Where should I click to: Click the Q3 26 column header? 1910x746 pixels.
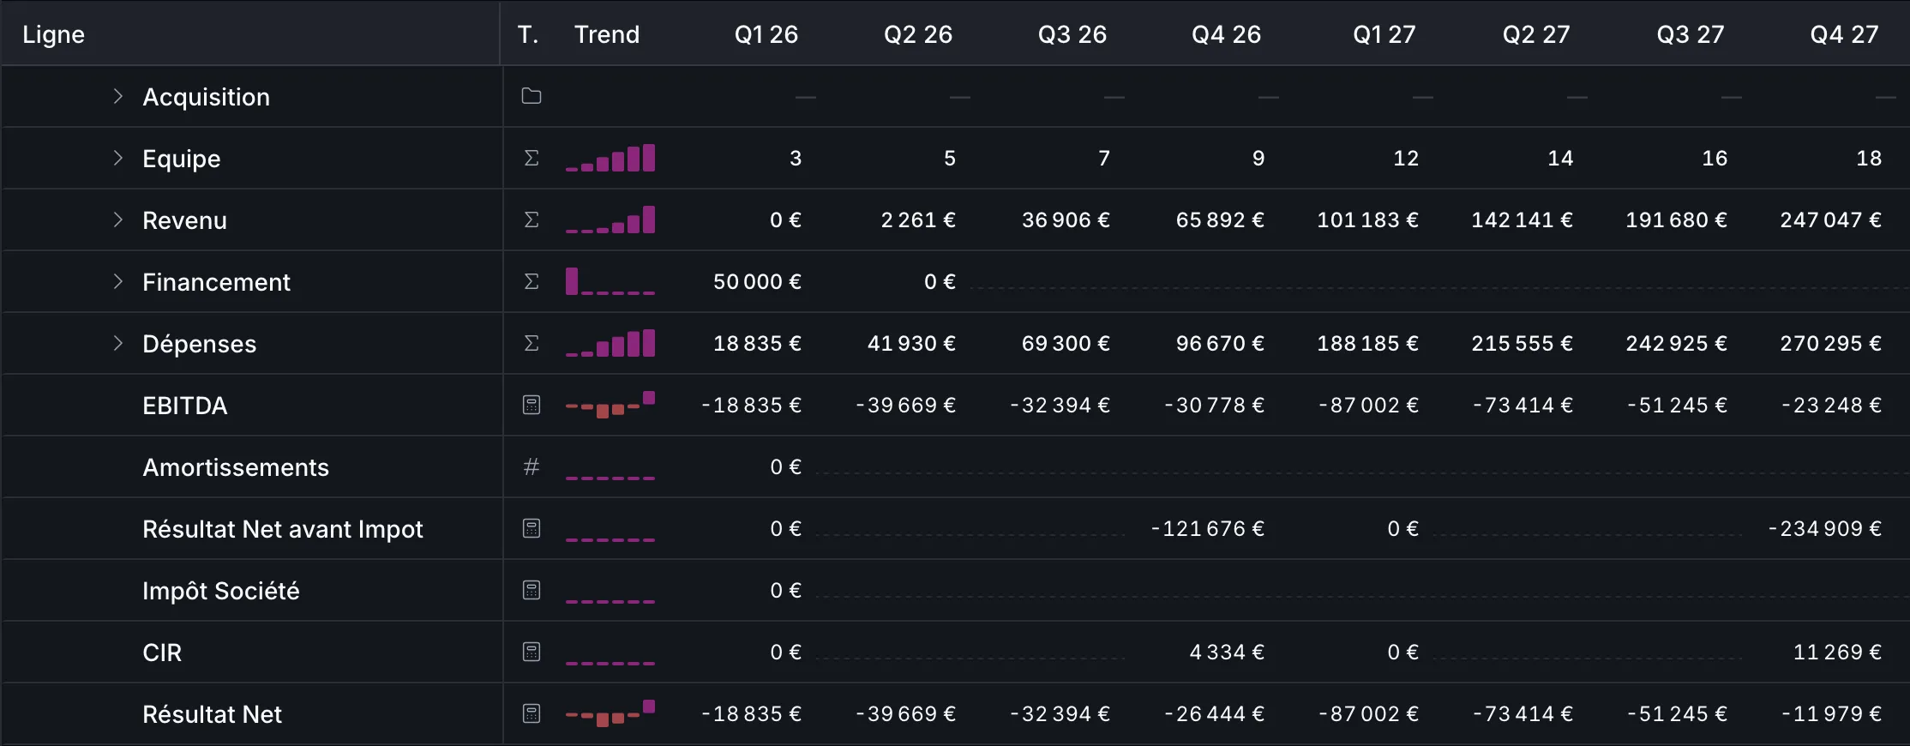tap(1072, 34)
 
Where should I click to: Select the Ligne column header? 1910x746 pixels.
tap(53, 34)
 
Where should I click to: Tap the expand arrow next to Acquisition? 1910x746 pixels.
tap(118, 96)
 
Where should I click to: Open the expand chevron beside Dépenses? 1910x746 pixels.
tap(118, 343)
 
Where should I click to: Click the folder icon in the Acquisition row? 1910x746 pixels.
tap(532, 96)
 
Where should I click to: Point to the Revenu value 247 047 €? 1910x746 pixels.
tap(1830, 220)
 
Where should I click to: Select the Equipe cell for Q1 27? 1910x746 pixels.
tap(1406, 159)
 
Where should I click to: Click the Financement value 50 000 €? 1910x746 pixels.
tap(757, 282)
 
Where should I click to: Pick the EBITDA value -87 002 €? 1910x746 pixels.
tap(1368, 406)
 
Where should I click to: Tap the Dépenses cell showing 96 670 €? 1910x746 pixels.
tap(1220, 344)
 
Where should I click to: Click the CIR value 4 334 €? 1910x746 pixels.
tap(1227, 653)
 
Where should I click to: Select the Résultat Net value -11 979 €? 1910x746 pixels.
tap(1831, 714)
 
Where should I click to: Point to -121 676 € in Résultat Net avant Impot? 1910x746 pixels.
tap(1207, 529)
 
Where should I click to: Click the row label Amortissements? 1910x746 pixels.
tap(236, 467)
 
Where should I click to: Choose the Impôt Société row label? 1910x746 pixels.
tap(221, 591)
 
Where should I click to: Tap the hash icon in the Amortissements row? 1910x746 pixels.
tap(532, 466)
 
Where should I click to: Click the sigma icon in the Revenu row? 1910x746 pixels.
tap(532, 220)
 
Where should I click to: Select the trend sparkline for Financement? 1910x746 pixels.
tap(610, 281)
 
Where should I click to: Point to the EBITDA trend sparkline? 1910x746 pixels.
tap(610, 405)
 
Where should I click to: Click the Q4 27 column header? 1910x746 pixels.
tap(1844, 34)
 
